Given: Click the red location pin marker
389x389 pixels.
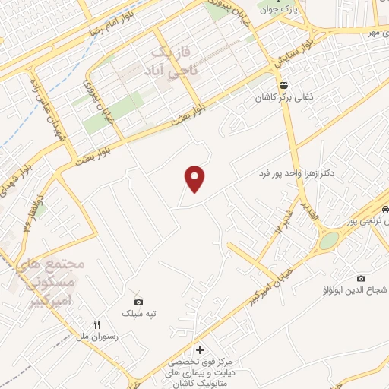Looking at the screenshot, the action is click(195, 179).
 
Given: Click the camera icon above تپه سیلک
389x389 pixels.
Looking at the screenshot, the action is click(138, 302).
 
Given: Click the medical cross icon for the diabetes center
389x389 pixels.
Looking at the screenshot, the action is click(200, 350).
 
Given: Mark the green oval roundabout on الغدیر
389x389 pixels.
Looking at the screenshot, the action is click(329, 241).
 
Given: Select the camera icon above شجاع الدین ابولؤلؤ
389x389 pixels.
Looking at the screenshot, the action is click(361, 278).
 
